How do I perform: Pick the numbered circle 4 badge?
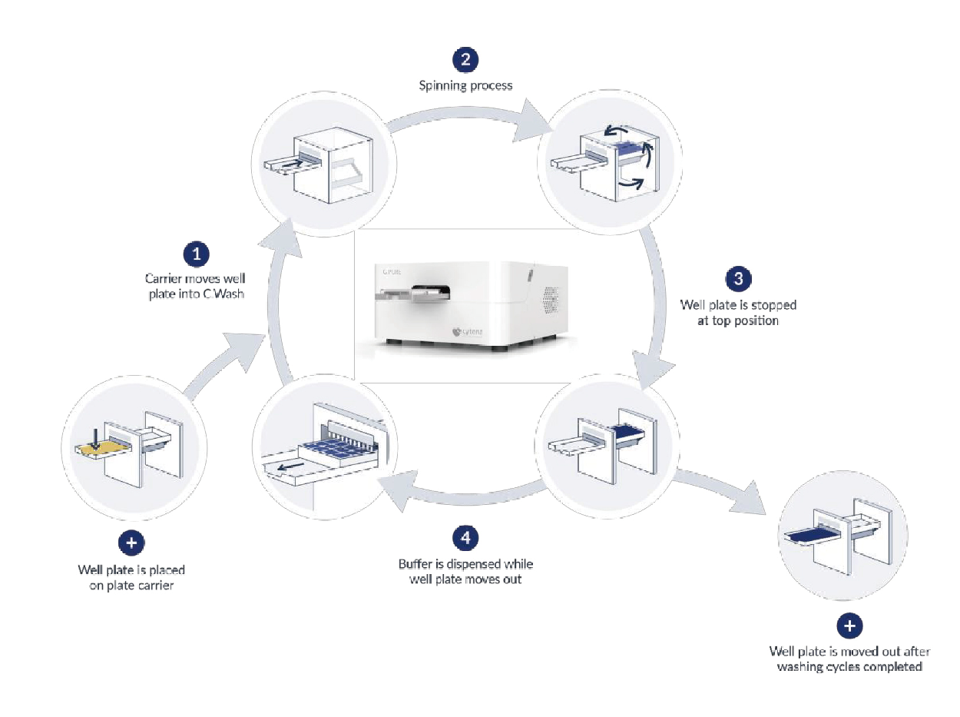[x=465, y=538]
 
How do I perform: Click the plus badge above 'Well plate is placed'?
[x=131, y=543]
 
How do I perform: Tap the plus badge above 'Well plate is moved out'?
[x=849, y=626]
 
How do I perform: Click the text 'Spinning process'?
[x=465, y=85]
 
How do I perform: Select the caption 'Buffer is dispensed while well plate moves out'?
[x=465, y=572]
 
